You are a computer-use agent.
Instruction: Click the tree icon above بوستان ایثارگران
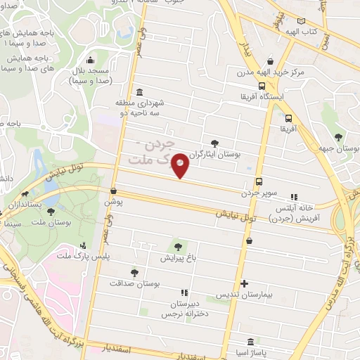pyautogui.click(x=215, y=143)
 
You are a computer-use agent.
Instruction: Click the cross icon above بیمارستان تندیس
pyautogui.click(x=244, y=283)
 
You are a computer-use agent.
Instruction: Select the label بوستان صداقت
pyautogui.click(x=135, y=283)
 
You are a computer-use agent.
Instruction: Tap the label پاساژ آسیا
pyautogui.click(x=261, y=349)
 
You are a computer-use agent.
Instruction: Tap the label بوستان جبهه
pyautogui.click(x=344, y=149)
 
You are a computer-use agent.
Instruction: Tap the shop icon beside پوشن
pyautogui.click(x=114, y=191)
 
